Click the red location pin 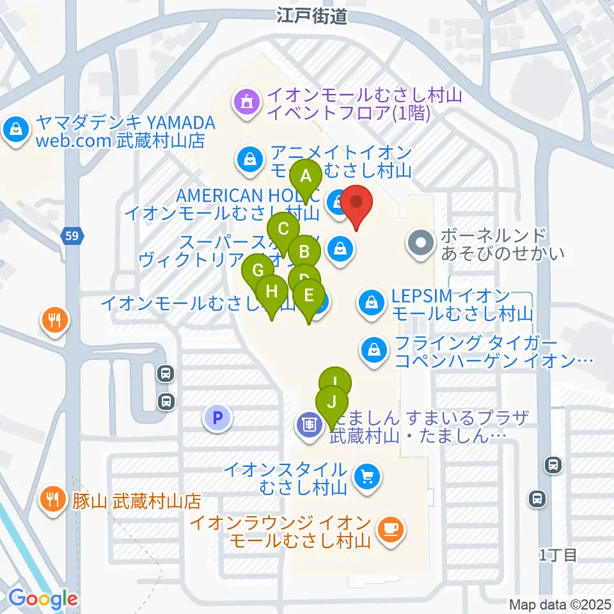(x=357, y=203)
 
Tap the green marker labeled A (x=306, y=176)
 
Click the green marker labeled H (x=272, y=292)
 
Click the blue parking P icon (x=217, y=418)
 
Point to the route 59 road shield (x=72, y=237)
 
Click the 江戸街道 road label (x=312, y=17)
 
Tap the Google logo (x=42, y=599)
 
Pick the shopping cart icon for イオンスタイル (x=368, y=476)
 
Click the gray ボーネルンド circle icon (x=420, y=243)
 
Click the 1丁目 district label (x=558, y=555)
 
